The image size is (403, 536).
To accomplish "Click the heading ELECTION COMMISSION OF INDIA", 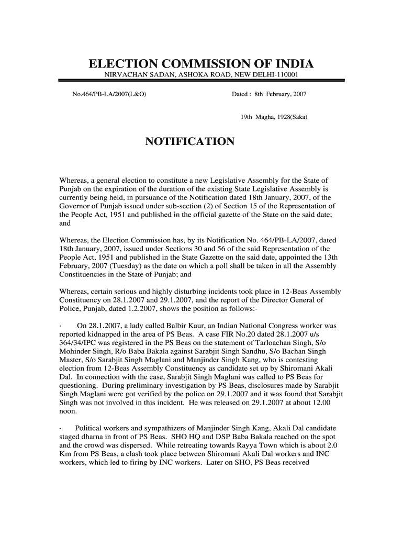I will [201, 65].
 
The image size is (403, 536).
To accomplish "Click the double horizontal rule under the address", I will [201, 81].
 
